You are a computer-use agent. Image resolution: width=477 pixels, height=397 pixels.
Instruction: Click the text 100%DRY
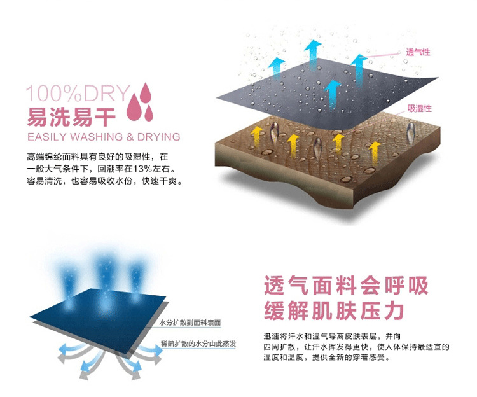coord(77,94)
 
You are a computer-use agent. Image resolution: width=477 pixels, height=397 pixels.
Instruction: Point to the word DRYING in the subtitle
coord(158,137)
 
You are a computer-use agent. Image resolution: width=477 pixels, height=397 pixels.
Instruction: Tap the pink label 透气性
coord(418,52)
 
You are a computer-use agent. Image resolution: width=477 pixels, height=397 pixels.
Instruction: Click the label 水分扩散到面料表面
coord(190,323)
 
